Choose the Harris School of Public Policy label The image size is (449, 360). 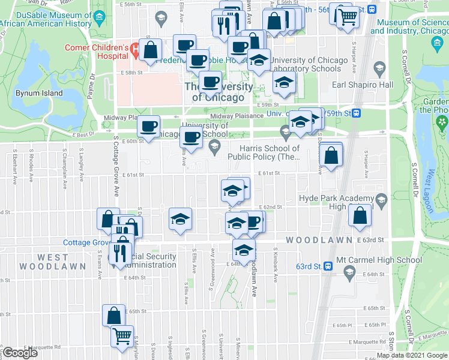(270, 152)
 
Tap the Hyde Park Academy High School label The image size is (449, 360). (335, 202)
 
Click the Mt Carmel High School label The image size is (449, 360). (379, 260)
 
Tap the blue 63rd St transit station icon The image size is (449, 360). (328, 265)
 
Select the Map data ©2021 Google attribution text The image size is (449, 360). (412, 355)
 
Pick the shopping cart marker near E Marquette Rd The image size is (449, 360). (122, 337)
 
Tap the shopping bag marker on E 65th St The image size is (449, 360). (113, 315)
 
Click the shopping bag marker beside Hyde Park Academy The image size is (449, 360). (359, 217)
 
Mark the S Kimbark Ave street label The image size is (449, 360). (276, 258)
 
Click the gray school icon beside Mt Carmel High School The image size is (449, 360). (349, 273)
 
